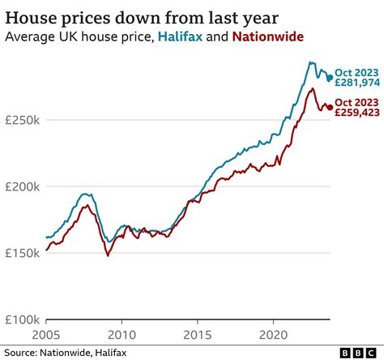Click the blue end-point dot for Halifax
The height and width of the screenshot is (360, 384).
coord(329,79)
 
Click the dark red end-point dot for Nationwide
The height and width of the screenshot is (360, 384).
coord(329,107)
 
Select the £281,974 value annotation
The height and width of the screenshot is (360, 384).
coord(356,83)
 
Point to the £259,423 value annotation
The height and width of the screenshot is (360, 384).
coord(356,113)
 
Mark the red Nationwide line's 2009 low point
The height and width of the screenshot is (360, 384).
coord(107,256)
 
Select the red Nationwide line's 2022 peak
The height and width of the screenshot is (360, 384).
coord(313,88)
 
